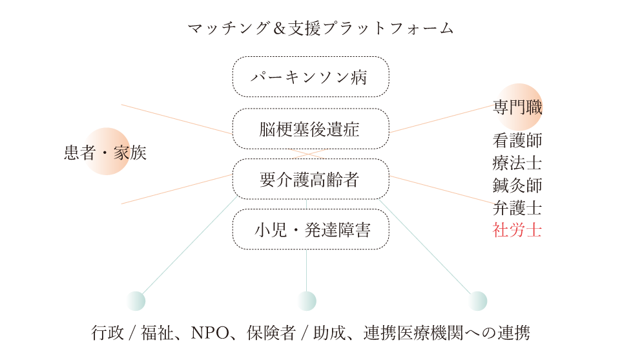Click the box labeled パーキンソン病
[310, 78]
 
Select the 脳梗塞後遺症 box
[310, 129]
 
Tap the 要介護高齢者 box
[310, 180]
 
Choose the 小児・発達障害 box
[310, 229]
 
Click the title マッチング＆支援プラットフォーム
[320, 28]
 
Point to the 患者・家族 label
[105, 153]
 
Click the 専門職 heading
[518, 108]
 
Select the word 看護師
[517, 140]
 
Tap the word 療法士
[517, 162]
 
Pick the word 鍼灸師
[517, 185]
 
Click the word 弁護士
[517, 207]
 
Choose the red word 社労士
[517, 229]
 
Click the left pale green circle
[136, 301]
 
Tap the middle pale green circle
[306, 301]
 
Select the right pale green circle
[477, 301]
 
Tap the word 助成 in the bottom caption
[327, 334]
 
